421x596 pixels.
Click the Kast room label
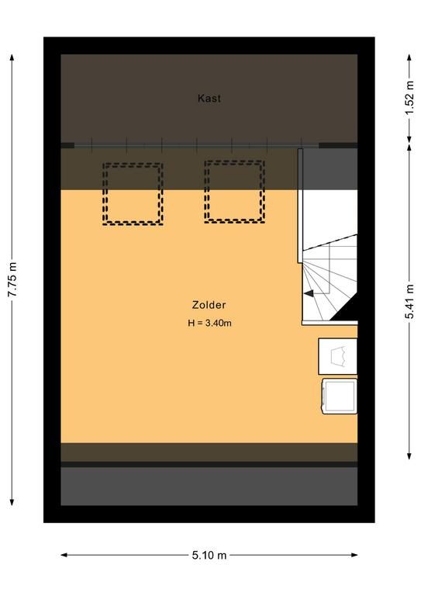pos(209,99)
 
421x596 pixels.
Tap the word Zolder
pos(209,305)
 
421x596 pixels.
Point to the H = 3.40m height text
pos(209,323)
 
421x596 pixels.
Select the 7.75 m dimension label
pos(12,279)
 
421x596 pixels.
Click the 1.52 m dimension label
pos(409,98)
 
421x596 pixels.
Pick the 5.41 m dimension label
pos(409,301)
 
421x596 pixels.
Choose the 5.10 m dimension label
pos(209,556)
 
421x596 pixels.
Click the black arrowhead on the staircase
pos(309,293)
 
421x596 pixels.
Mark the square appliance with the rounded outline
pos(340,396)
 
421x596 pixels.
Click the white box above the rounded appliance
pos(337,356)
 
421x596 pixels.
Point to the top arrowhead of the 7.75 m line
pos(12,57)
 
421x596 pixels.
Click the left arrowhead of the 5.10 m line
pos(64,555)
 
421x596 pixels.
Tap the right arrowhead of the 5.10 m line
pos(354,555)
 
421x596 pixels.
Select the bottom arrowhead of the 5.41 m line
pos(409,456)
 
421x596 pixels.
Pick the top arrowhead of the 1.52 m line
pos(409,57)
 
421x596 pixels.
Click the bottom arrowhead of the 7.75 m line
pos(12,502)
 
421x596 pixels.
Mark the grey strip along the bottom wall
pos(209,486)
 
